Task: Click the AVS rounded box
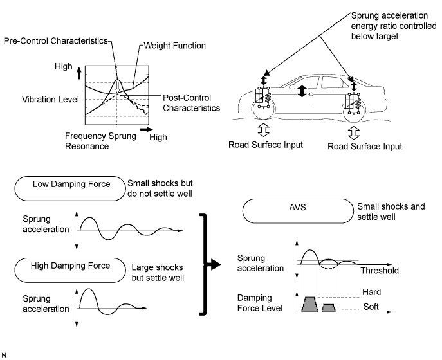298,211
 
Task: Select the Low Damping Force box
70,188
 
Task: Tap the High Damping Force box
70,270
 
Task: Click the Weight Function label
175,46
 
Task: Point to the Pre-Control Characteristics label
56,41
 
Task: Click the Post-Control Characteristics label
191,103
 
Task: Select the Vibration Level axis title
50,100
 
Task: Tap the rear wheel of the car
354,111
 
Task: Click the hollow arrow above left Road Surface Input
264,130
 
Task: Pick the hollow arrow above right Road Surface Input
354,132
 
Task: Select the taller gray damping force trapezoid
310,304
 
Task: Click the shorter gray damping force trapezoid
329,308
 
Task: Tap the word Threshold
380,271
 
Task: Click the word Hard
371,292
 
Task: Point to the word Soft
371,307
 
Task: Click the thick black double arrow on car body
302,91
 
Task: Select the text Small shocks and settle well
391,212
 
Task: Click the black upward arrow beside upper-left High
79,73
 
